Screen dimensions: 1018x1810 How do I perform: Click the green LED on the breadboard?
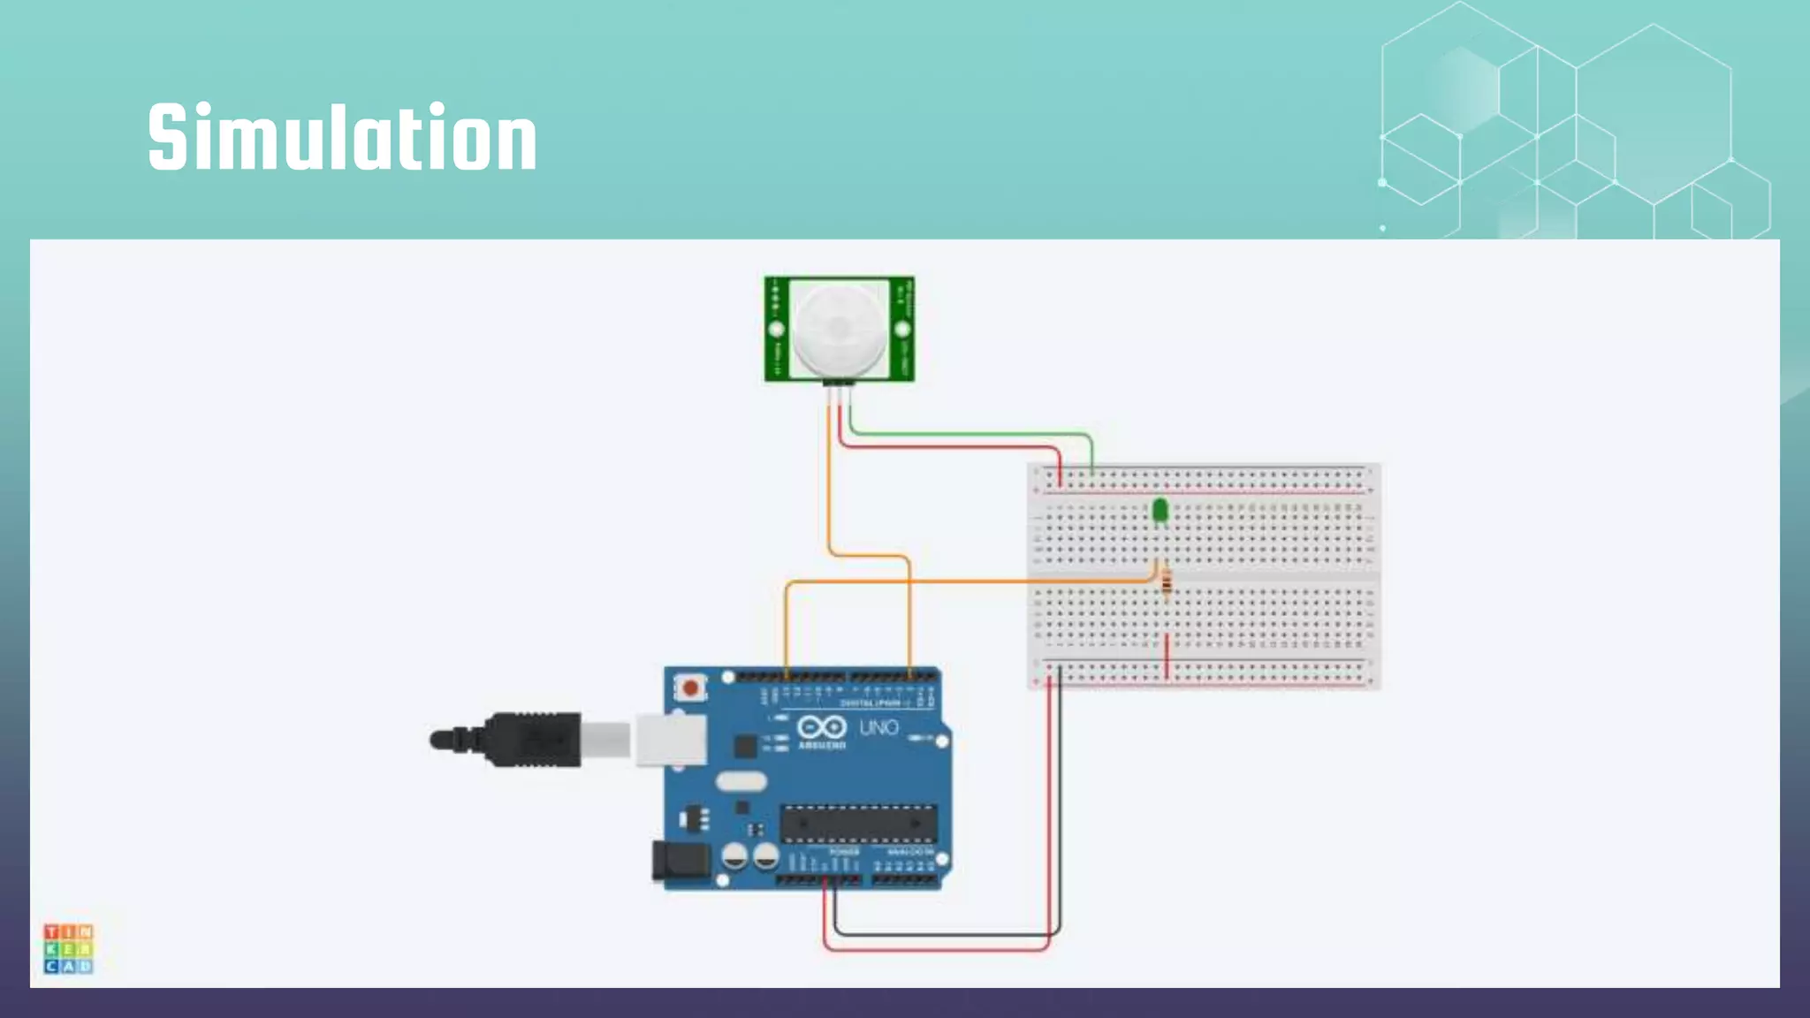point(1160,510)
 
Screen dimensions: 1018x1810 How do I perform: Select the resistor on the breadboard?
point(1167,582)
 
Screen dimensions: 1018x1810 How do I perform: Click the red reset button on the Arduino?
point(690,688)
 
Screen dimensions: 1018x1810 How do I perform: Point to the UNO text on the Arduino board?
point(878,727)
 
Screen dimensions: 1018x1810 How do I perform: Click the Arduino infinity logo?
point(822,727)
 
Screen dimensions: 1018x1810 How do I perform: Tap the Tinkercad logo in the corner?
point(68,948)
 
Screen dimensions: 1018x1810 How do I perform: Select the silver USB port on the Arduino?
point(671,739)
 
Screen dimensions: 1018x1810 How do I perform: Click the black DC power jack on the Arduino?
point(681,862)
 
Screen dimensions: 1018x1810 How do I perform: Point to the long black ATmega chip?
point(857,824)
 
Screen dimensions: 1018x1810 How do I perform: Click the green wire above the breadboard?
point(972,434)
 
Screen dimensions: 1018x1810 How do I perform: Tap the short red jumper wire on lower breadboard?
point(1167,656)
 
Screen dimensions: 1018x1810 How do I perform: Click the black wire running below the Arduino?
point(946,933)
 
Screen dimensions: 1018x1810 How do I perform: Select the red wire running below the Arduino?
point(937,950)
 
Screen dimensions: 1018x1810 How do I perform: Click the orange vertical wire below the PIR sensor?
point(830,486)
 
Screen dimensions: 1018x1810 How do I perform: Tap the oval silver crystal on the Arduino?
point(741,781)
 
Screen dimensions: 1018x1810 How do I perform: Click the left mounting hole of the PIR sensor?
point(777,330)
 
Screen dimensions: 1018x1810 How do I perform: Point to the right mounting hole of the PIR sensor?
point(902,330)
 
